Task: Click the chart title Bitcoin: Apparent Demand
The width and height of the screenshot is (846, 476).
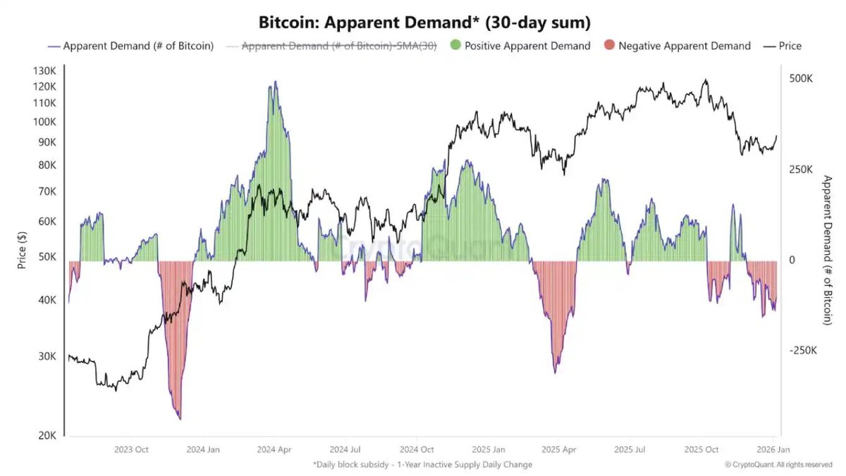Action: click(424, 23)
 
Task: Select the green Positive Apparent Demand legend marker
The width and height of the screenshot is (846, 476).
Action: click(455, 46)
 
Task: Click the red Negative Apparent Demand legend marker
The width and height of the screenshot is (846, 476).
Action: click(610, 46)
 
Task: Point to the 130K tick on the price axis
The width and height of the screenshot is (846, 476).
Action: click(44, 71)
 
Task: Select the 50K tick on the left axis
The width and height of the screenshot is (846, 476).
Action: click(47, 257)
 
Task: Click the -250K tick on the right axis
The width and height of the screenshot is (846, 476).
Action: click(802, 351)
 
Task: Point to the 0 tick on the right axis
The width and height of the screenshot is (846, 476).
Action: click(792, 261)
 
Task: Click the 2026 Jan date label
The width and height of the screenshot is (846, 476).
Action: click(773, 449)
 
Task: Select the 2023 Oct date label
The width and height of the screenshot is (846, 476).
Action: click(130, 449)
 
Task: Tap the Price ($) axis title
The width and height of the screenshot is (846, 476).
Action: click(22, 251)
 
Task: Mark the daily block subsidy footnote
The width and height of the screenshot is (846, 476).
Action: click(422, 465)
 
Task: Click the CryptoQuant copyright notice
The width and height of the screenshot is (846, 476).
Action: click(778, 465)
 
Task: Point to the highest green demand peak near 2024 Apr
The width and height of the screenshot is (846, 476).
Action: click(275, 82)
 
